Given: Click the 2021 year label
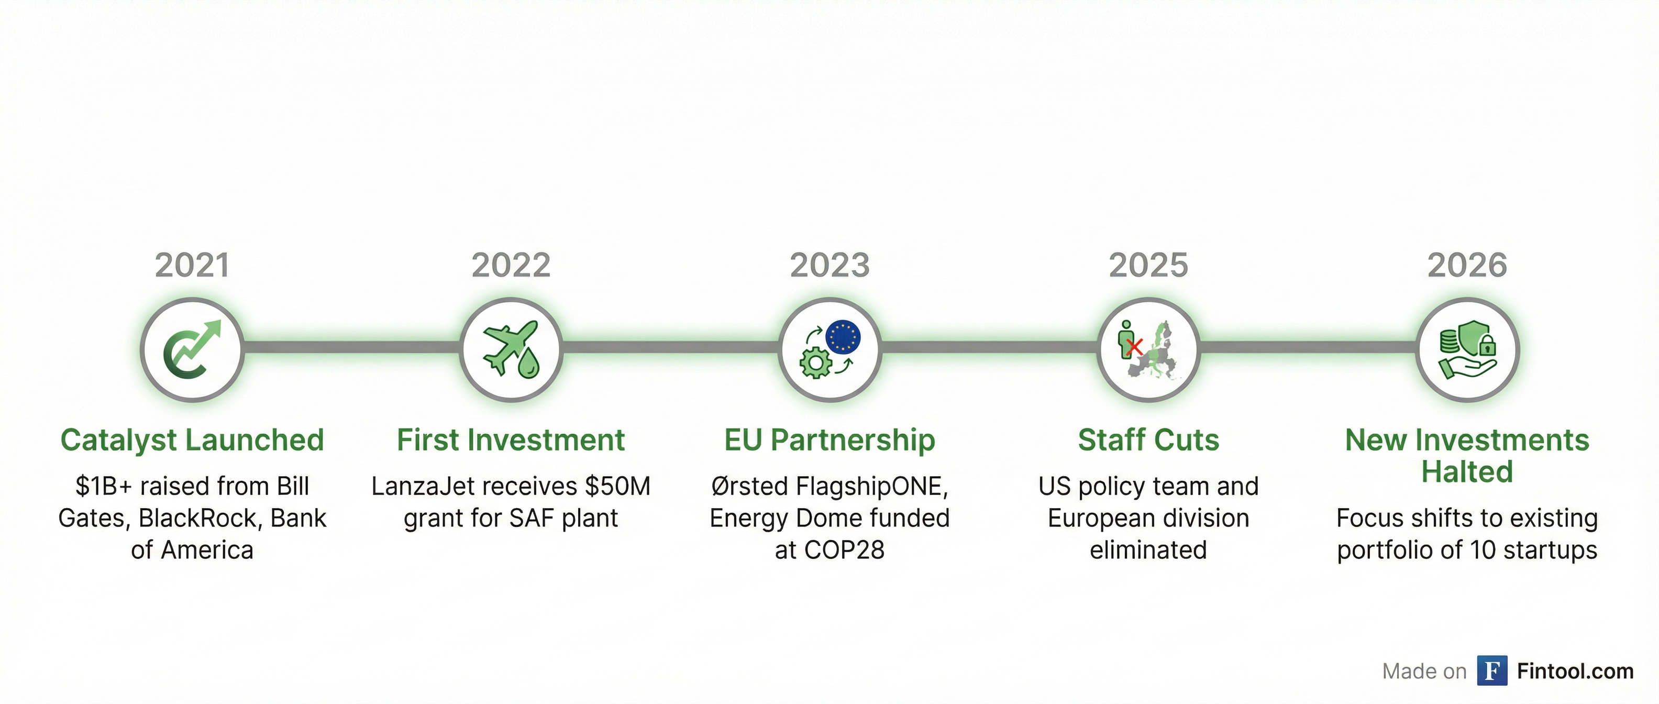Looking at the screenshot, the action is (x=192, y=266).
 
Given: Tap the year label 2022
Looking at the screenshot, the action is (x=511, y=266).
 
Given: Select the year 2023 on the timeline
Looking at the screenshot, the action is (x=829, y=266).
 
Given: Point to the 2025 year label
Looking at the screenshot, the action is (x=1148, y=266).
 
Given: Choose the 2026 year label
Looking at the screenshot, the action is (x=1467, y=266).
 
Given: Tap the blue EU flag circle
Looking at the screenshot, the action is (x=843, y=336).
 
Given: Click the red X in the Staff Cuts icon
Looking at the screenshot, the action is (x=1135, y=347).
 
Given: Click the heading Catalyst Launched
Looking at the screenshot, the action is (x=192, y=441).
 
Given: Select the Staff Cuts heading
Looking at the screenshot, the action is (x=1148, y=441).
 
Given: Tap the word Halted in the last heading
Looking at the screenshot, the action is (x=1467, y=472).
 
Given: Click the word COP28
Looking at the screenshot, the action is (x=844, y=550).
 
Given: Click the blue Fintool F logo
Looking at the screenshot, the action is (x=1491, y=670).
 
